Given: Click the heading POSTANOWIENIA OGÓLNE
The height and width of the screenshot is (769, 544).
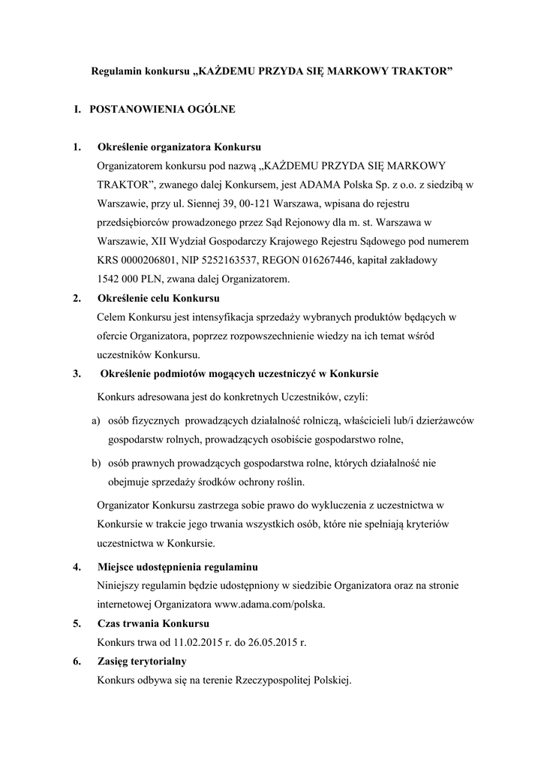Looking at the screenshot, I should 162,110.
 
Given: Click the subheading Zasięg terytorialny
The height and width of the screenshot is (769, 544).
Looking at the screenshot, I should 142,662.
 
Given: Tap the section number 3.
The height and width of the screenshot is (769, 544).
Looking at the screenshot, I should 77,372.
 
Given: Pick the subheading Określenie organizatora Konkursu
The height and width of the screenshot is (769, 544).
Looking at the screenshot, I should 179,146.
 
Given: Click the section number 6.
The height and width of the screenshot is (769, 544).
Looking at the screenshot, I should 77,662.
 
